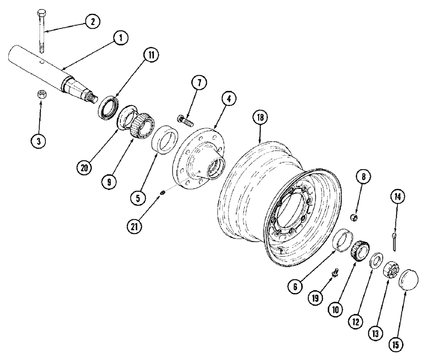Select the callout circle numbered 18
260,118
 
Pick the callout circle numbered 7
200,83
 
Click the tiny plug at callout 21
163,193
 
